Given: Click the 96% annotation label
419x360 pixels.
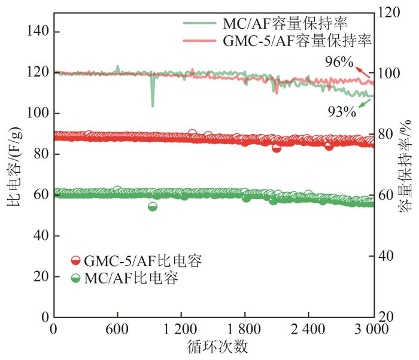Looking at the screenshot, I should (x=339, y=62).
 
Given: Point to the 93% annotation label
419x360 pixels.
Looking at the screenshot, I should (x=342, y=111).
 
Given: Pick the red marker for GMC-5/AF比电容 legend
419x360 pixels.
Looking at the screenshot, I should (x=75, y=261).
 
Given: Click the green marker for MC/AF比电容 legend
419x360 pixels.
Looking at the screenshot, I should (x=75, y=278).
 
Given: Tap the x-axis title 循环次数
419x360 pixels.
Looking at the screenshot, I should (x=214, y=347).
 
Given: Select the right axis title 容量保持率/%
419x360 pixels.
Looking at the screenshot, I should (x=407, y=164).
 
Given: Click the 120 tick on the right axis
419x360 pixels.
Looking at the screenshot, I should (x=390, y=12).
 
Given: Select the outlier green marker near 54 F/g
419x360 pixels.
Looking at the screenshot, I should (x=153, y=206).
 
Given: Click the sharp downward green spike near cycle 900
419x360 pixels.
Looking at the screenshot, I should (x=153, y=105).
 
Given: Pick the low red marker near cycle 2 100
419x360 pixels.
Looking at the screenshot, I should (x=277, y=147).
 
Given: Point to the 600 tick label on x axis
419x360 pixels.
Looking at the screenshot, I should (x=117, y=330).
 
